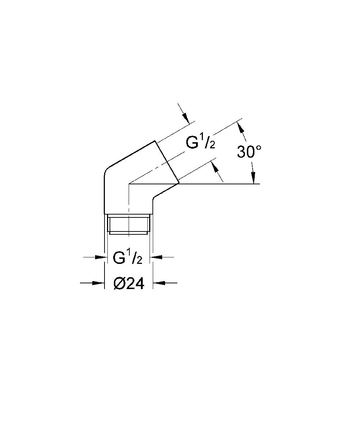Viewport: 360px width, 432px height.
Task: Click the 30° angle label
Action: click(x=249, y=152)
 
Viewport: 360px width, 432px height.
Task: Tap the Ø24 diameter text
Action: click(x=129, y=284)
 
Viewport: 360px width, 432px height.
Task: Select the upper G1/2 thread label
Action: click(x=200, y=143)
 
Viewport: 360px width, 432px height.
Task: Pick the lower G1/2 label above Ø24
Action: click(x=128, y=258)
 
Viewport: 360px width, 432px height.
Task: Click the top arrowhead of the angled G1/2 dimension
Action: click(x=185, y=118)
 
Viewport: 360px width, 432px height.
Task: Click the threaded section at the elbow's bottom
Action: click(x=128, y=224)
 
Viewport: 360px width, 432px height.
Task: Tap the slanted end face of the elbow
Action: click(x=167, y=161)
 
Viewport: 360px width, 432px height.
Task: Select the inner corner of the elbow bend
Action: click(x=154, y=198)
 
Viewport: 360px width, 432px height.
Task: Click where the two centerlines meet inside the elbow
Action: click(x=129, y=184)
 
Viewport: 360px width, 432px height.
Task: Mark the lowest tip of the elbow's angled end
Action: click(x=179, y=183)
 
